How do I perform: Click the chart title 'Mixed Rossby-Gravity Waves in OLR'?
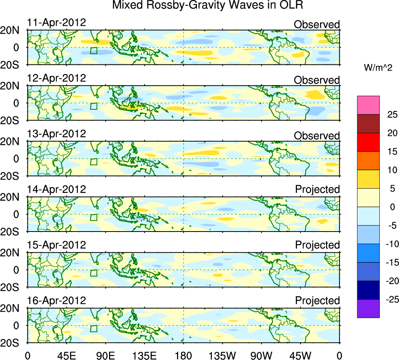[208, 5]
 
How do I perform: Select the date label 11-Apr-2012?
[56, 22]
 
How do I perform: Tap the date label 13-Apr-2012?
[56, 134]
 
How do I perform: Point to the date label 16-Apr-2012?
[56, 301]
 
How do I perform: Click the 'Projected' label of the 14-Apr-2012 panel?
[317, 189]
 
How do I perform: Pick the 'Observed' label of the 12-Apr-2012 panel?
[317, 80]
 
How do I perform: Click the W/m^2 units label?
[378, 68]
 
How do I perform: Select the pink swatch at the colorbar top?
[368, 105]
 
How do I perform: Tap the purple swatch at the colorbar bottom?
[368, 308]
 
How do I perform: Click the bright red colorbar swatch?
[368, 142]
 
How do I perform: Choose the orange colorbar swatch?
[368, 160]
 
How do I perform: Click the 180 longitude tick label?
[183, 355]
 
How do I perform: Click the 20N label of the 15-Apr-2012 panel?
[13, 253]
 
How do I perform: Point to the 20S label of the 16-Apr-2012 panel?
[13, 342]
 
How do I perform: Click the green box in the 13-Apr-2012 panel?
[93, 162]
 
